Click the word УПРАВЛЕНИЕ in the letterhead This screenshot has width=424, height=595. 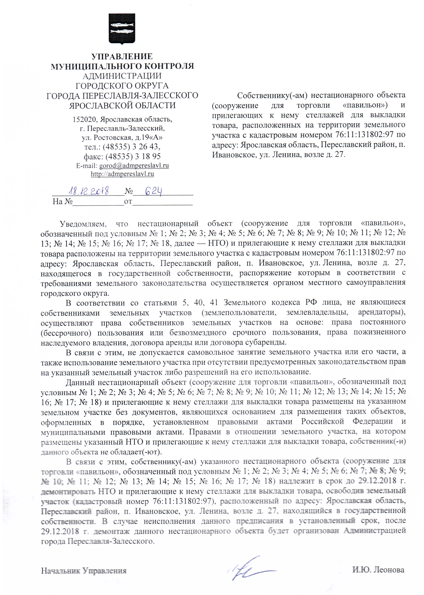(122, 56)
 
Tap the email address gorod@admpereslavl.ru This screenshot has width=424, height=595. (134, 166)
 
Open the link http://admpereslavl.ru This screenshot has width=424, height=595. (122, 174)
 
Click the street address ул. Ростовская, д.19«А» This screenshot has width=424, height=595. (122, 137)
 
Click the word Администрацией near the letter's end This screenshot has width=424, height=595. (375, 530)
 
